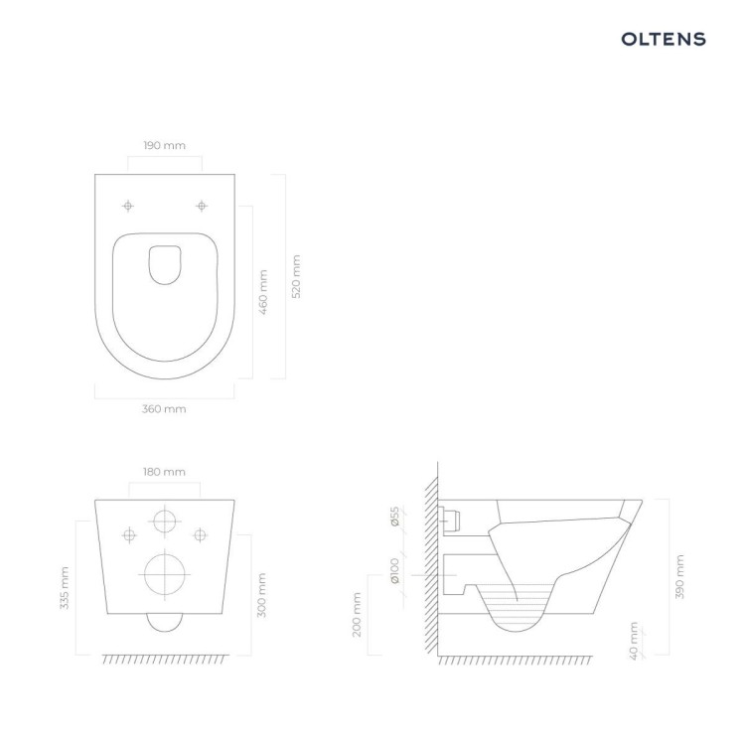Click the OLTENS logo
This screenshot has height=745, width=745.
[x=664, y=39]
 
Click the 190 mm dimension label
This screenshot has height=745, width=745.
[x=164, y=145]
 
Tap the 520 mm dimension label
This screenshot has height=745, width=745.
[x=296, y=276]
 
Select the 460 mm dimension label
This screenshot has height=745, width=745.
[x=263, y=292]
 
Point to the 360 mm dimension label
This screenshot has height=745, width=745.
[x=164, y=409]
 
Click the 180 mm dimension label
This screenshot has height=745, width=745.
[x=164, y=472]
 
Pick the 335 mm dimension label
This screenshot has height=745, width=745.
[x=65, y=588]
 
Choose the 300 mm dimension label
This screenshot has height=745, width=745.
[x=261, y=595]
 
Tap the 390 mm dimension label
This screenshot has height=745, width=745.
[x=679, y=577]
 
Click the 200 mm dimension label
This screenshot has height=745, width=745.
[x=357, y=614]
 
